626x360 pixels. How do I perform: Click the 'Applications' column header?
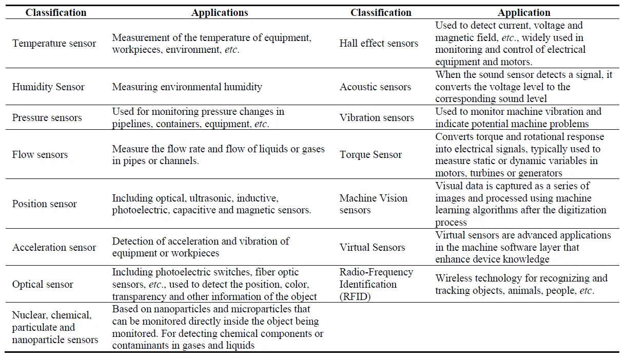[x=220, y=13]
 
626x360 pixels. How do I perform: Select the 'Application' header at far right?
[x=524, y=13]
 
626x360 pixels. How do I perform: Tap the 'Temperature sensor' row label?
[x=54, y=44]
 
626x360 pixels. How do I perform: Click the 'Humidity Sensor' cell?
[x=48, y=87]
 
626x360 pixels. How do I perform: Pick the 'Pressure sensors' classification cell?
[x=47, y=117]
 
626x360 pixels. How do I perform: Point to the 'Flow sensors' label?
[x=40, y=154]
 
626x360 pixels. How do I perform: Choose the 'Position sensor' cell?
[x=44, y=204]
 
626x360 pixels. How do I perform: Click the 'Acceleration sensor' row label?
[x=54, y=247]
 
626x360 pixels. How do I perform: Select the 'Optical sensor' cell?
[x=43, y=284]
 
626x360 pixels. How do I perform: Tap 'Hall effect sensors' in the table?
[x=379, y=44]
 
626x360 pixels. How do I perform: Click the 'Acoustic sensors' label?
[x=375, y=87]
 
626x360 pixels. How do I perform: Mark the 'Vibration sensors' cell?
[x=377, y=117]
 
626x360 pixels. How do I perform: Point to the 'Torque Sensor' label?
[x=370, y=154]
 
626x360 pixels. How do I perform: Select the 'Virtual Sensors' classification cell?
[x=372, y=247]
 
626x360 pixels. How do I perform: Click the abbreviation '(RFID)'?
[x=355, y=296]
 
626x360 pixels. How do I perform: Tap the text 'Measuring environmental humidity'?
[x=187, y=87]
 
